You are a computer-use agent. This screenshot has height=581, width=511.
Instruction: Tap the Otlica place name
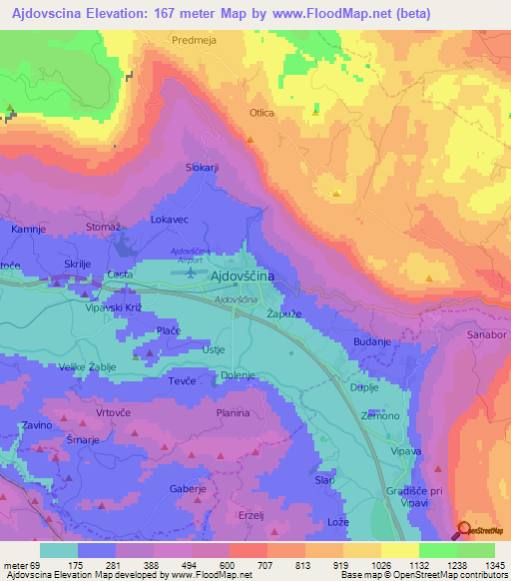pyautogui.click(x=261, y=114)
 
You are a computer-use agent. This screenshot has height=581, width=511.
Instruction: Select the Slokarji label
pyautogui.click(x=203, y=168)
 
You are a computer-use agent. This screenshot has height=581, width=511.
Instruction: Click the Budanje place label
pyautogui.click(x=371, y=342)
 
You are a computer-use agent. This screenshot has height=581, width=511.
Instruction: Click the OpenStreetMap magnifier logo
pyautogui.click(x=463, y=529)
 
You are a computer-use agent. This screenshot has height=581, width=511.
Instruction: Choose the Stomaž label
pyautogui.click(x=104, y=228)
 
